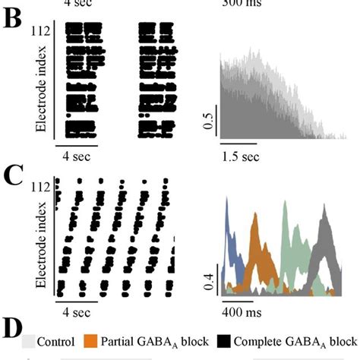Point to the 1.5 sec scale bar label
tap(241, 157)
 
